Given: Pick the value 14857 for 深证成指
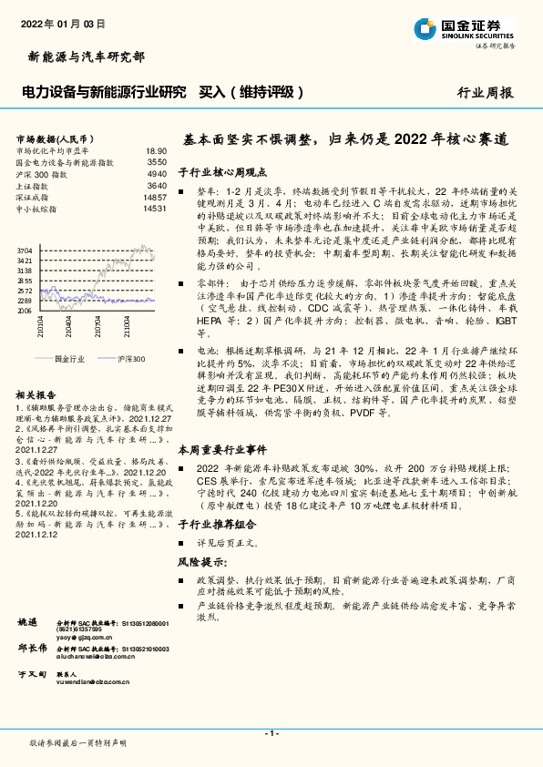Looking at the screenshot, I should (155, 198).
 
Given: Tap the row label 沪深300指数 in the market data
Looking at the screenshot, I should (42, 174).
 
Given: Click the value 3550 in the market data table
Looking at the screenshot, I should (157, 162).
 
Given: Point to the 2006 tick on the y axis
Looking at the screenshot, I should (25, 311).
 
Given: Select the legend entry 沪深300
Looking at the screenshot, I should (130, 360).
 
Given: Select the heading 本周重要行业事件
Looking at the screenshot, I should (222, 449).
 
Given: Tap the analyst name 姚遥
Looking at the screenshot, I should (27, 621).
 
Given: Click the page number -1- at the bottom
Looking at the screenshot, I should (271, 732).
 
